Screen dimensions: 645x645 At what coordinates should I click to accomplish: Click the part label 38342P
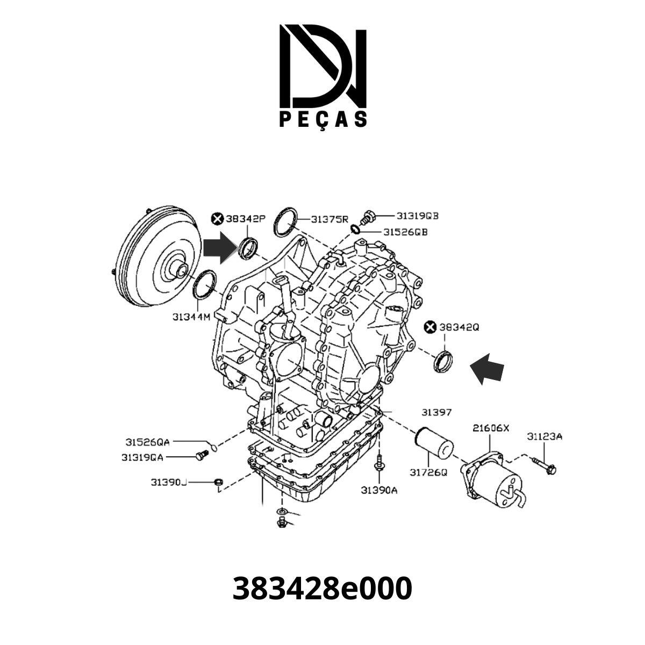pyautogui.click(x=246, y=219)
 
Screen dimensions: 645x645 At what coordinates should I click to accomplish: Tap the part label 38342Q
pyautogui.click(x=459, y=326)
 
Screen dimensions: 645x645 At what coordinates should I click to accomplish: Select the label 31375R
pyautogui.click(x=331, y=219)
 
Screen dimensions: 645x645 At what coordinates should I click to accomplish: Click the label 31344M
pyautogui.click(x=191, y=317)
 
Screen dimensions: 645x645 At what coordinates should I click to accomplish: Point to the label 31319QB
pyautogui.click(x=418, y=216)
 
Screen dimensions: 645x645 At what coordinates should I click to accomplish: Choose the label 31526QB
pyautogui.click(x=405, y=232)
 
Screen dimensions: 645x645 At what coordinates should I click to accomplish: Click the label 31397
pyautogui.click(x=436, y=412)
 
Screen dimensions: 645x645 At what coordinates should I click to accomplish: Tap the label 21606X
pyautogui.click(x=490, y=428)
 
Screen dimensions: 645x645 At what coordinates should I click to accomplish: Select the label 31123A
pyautogui.click(x=544, y=436)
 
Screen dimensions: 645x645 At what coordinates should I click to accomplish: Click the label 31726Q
pyautogui.click(x=428, y=472)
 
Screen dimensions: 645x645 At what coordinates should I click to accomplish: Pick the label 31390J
pyautogui.click(x=168, y=482)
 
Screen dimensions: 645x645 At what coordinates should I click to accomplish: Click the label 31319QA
pyautogui.click(x=142, y=457)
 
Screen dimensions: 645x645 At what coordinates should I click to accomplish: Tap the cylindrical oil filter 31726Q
pyautogui.click(x=434, y=442)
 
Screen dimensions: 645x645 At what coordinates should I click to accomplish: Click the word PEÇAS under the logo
pyautogui.click(x=323, y=119)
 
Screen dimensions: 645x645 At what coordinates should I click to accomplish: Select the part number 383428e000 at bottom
pyautogui.click(x=322, y=588)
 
